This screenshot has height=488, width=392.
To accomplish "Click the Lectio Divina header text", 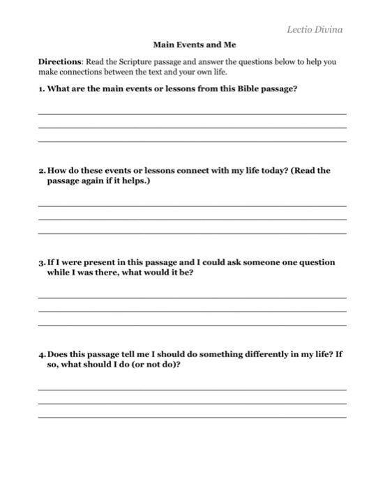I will click(315, 29).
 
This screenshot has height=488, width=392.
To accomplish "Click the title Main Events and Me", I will click(195, 45).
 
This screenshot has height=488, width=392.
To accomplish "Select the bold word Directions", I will click(60, 61).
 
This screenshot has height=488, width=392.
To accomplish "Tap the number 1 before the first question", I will click(40, 89).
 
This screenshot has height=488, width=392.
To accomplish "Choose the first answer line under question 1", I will click(192, 114).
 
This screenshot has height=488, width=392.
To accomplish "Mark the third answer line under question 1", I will click(192, 142).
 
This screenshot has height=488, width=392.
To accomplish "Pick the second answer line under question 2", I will click(192, 220).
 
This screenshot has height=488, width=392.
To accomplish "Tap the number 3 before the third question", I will click(41, 263).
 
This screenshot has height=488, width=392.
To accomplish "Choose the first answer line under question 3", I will click(192, 298).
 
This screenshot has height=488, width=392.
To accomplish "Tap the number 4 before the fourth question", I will click(41, 354).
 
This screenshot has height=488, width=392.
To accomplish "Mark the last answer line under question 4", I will click(192, 417).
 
